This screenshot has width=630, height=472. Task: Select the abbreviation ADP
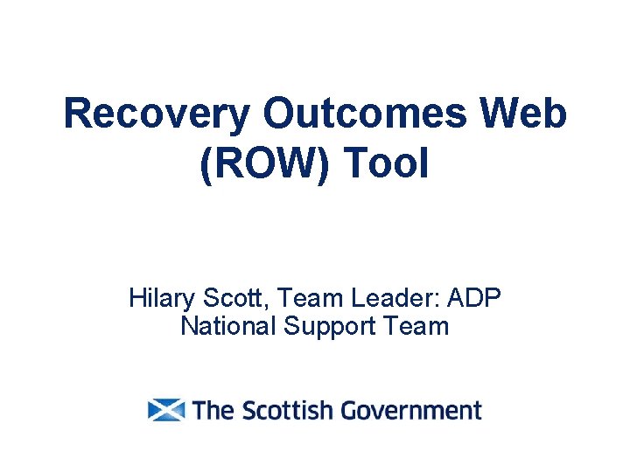(x=473, y=299)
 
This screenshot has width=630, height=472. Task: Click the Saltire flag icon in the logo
(x=166, y=410)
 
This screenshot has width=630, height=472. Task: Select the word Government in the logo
(x=411, y=410)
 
